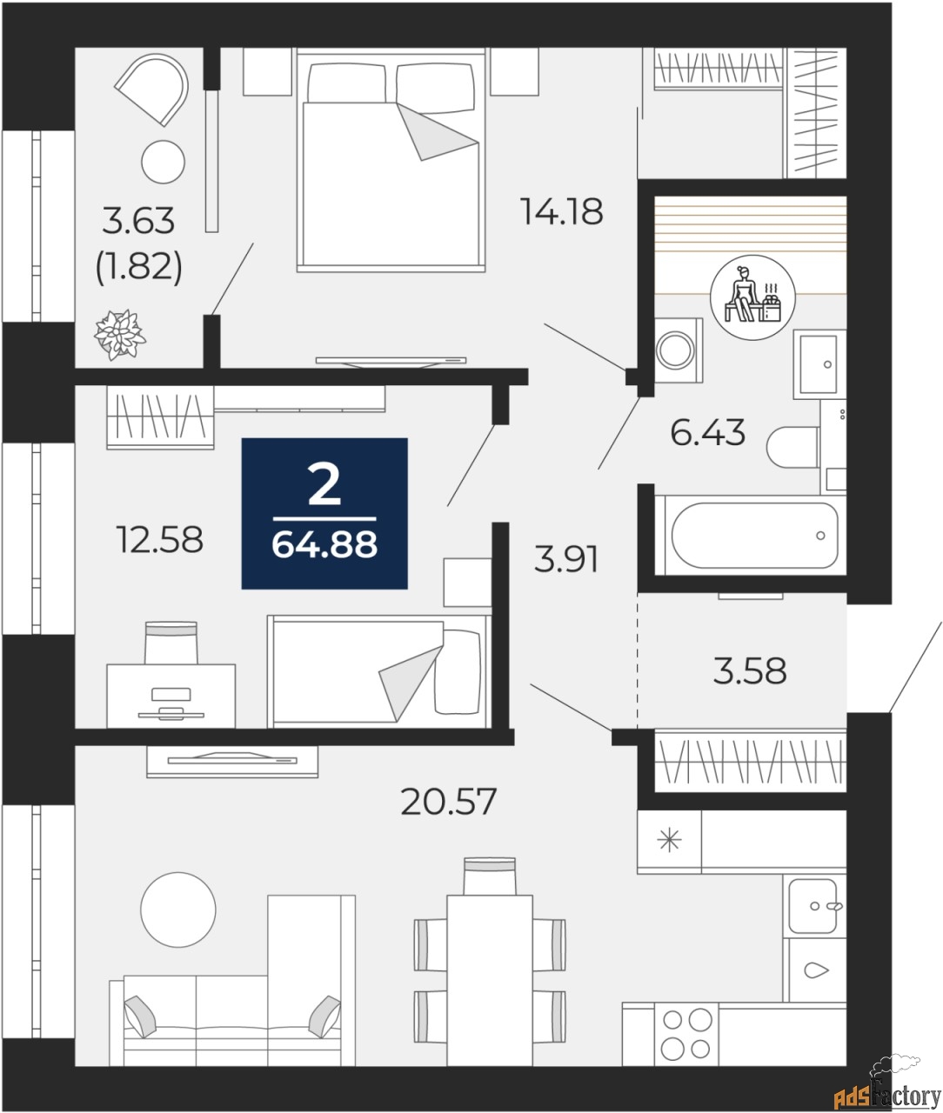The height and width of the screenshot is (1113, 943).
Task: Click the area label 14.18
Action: click(561, 211)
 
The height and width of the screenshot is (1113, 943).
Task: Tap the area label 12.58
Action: click(159, 540)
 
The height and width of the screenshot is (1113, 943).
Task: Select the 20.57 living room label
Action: click(448, 801)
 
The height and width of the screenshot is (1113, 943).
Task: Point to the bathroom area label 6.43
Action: click(707, 432)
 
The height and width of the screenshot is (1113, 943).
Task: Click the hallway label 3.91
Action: click(566, 559)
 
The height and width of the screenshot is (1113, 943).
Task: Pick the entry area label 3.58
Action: click(749, 671)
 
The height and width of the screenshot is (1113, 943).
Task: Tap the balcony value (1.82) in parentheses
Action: click(139, 266)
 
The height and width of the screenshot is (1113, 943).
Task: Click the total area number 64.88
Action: click(324, 545)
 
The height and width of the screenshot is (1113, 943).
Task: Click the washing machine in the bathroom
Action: click(678, 350)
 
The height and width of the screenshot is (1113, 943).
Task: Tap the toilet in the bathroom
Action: click(793, 447)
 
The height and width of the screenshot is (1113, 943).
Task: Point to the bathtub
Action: click(753, 536)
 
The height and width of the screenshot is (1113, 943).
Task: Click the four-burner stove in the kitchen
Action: click(686, 1033)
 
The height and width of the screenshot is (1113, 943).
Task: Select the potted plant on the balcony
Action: click(120, 334)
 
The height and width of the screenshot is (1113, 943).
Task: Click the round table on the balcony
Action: click(164, 162)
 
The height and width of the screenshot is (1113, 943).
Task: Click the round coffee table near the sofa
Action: click(178, 910)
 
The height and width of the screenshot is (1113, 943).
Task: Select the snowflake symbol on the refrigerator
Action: click(669, 840)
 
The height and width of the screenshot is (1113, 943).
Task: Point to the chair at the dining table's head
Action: click(489, 876)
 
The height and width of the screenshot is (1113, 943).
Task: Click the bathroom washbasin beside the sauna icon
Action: click(819, 363)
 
